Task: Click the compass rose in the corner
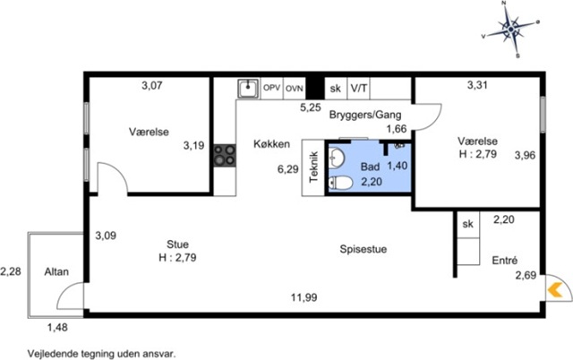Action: click(x=511, y=29)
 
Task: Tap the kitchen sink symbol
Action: click(x=248, y=88)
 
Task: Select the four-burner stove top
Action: click(x=225, y=156)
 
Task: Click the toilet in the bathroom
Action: click(x=340, y=183)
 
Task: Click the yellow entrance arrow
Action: click(x=555, y=290)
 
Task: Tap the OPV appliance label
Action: click(x=272, y=88)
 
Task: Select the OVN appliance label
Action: click(x=295, y=89)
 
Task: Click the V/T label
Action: click(x=359, y=88)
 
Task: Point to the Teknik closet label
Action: click(x=314, y=167)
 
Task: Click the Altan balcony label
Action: click(x=56, y=272)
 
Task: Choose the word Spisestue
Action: click(x=363, y=249)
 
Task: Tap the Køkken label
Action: click(x=272, y=144)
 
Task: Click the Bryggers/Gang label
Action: click(x=365, y=115)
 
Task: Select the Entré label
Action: click(x=505, y=261)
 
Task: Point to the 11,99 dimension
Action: click(x=304, y=297)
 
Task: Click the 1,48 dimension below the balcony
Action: click(x=57, y=327)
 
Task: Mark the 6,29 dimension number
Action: click(x=288, y=169)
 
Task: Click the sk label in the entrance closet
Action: click(x=467, y=224)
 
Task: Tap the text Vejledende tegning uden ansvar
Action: click(x=101, y=354)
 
